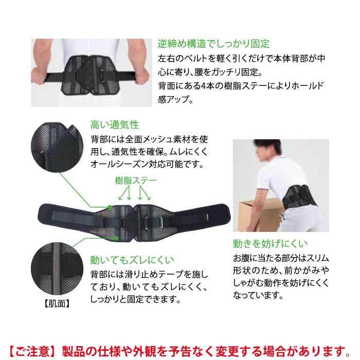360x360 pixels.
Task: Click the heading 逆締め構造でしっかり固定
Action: point(213,44)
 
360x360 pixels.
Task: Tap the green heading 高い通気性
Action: point(115,125)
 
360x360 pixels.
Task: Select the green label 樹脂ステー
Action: point(136,181)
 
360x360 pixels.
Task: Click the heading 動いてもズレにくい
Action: point(132,260)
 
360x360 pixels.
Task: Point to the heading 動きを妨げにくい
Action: point(270,244)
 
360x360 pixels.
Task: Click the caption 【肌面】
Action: point(57,304)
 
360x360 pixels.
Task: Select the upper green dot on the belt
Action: point(110,207)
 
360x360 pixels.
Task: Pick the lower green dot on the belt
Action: point(116,238)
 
